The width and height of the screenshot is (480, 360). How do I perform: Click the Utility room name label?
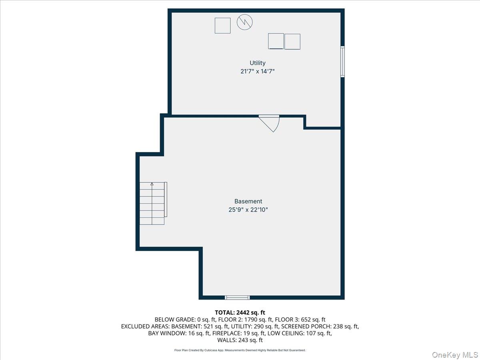(x=257, y=63)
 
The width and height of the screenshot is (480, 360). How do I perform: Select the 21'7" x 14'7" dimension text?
(x=257, y=71)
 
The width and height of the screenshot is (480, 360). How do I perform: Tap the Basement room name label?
(x=248, y=201)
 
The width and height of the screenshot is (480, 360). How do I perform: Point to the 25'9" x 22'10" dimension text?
(x=248, y=210)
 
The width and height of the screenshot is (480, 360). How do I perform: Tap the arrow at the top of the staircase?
(x=152, y=184)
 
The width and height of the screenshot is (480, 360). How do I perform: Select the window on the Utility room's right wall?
(x=342, y=61)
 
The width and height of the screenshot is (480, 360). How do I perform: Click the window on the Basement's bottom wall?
(x=237, y=297)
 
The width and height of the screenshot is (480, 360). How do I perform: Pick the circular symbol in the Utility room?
(x=245, y=22)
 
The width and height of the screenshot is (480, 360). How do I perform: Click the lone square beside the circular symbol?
(x=222, y=26)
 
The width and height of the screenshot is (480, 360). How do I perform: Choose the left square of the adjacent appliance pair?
(x=276, y=41)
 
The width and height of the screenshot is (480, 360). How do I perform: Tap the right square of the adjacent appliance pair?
(x=292, y=42)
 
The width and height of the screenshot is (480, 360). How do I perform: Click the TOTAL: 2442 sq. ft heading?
(x=240, y=312)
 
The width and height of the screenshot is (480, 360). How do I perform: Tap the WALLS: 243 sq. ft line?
(x=240, y=340)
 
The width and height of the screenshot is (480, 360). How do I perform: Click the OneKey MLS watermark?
(x=454, y=354)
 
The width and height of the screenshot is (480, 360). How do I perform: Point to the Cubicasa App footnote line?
(x=240, y=350)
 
